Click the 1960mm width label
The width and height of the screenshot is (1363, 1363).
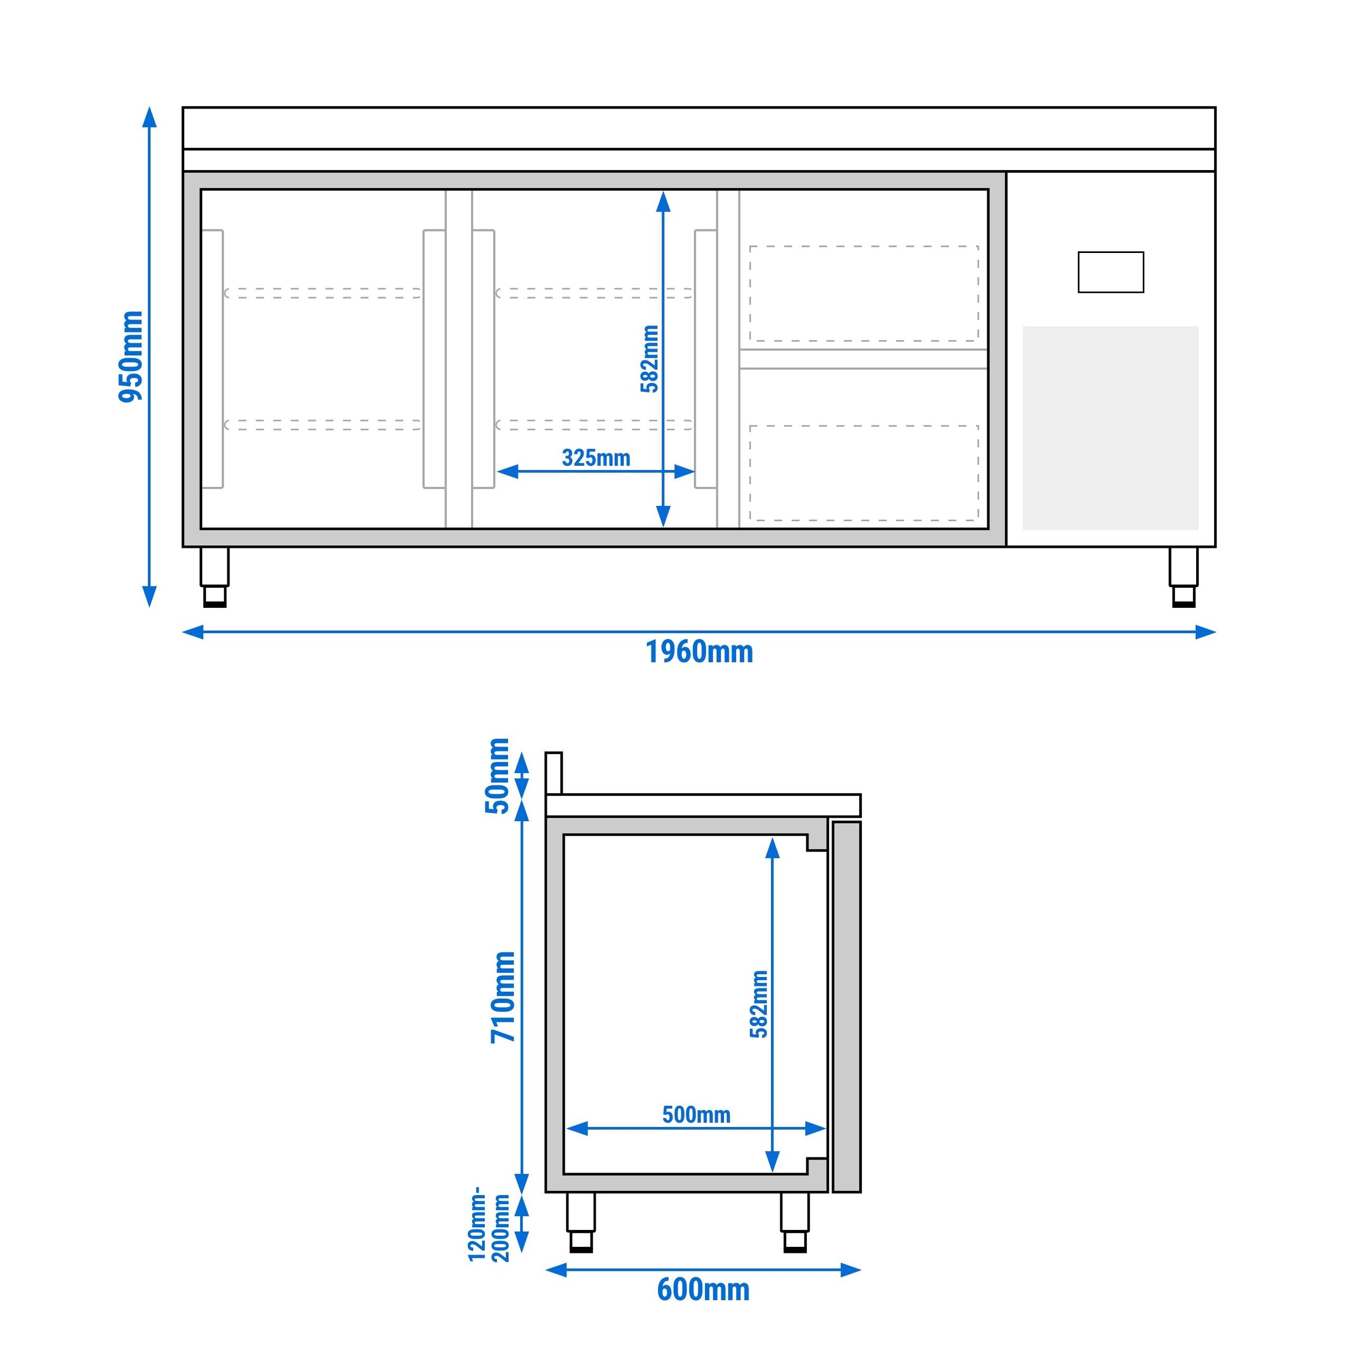pyautogui.click(x=699, y=652)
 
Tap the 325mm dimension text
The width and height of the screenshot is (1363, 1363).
pyautogui.click(x=595, y=458)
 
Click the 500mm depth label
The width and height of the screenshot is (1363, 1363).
pyautogui.click(x=696, y=1115)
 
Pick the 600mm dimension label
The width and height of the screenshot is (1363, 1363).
pyautogui.click(x=703, y=1289)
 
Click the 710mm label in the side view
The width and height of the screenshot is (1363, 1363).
pyautogui.click(x=504, y=997)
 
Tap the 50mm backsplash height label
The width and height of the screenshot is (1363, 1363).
pyautogui.click(x=497, y=775)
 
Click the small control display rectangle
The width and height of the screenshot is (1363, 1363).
pyautogui.click(x=1111, y=272)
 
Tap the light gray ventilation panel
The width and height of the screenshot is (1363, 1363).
pyautogui.click(x=1111, y=427)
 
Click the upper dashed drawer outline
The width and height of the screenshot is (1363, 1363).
pyautogui.click(x=864, y=293)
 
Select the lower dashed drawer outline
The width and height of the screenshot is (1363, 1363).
pyautogui.click(x=864, y=473)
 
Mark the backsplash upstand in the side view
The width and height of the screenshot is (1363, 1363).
pyautogui.click(x=554, y=773)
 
